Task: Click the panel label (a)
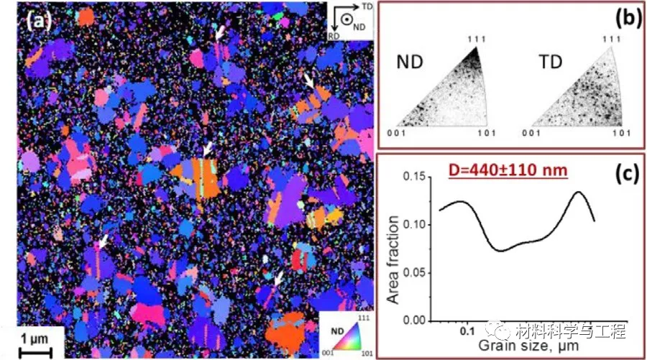pyautogui.click(x=39, y=20)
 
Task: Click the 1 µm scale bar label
pyautogui.click(x=33, y=338)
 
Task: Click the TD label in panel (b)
pyautogui.click(x=551, y=64)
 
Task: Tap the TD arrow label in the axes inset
pyautogui.click(x=368, y=6)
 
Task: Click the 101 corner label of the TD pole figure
pyautogui.click(x=620, y=134)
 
